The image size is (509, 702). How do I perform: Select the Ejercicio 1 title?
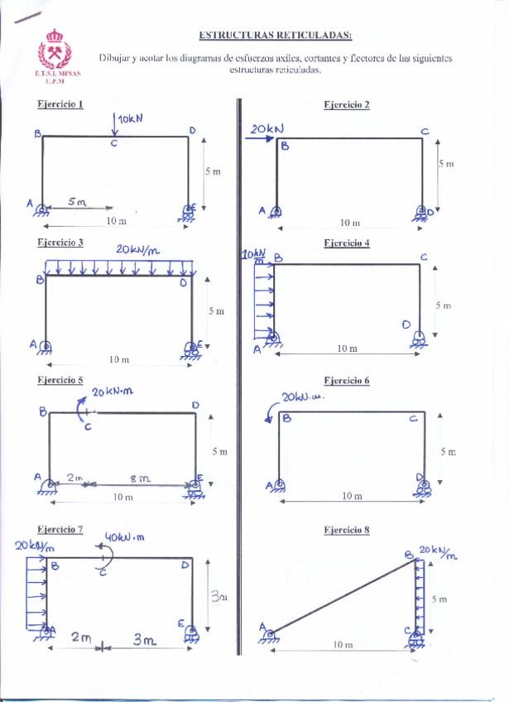pyautogui.click(x=60, y=104)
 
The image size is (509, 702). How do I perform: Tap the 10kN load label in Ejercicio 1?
pyautogui.click(x=130, y=119)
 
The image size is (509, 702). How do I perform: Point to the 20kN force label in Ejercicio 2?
pyautogui.click(x=267, y=129)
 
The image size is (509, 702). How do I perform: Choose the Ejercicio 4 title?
pyautogui.click(x=347, y=243)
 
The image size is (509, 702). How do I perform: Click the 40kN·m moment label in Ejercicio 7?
pyautogui.click(x=125, y=536)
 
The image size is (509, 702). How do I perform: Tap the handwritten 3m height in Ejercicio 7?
pyautogui.click(x=216, y=595)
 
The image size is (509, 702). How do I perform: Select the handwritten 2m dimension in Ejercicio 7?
pyautogui.click(x=81, y=637)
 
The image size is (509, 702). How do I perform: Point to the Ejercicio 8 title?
pyautogui.click(x=347, y=529)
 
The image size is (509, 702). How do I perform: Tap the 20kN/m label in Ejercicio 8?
pyautogui.click(x=438, y=552)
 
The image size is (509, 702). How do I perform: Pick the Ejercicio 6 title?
pyautogui.click(x=347, y=381)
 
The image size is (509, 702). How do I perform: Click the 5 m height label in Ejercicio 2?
pyautogui.click(x=446, y=164)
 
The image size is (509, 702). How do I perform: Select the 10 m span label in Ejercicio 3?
pyautogui.click(x=119, y=359)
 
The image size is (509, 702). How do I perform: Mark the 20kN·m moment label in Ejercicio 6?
pyautogui.click(x=304, y=398)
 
